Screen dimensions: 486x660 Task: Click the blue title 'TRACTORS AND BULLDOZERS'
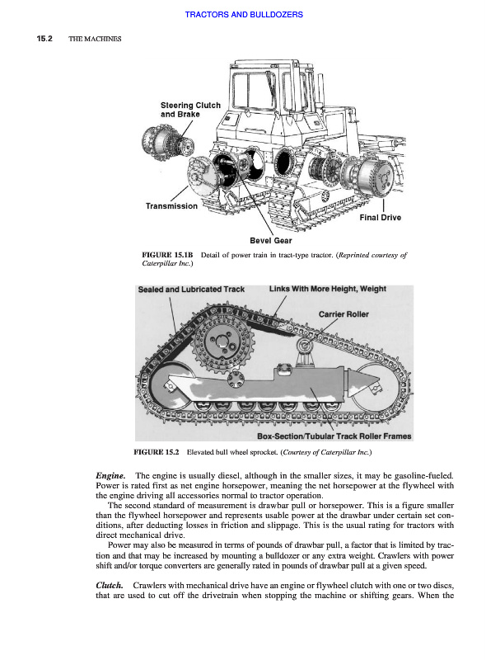(x=244, y=14)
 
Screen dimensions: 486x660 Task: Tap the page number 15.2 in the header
(x=44, y=39)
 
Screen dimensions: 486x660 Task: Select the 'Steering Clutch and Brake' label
(x=190, y=110)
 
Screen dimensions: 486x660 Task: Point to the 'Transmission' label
(x=171, y=205)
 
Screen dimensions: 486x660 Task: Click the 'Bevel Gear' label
(x=271, y=240)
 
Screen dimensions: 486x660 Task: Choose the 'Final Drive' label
(x=380, y=217)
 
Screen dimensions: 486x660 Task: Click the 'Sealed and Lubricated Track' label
(x=191, y=290)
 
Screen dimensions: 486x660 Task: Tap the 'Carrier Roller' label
(x=343, y=314)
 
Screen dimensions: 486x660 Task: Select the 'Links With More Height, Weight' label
(x=328, y=289)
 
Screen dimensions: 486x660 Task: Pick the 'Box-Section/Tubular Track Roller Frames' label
(x=334, y=436)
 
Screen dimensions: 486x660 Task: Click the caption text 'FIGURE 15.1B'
(x=167, y=255)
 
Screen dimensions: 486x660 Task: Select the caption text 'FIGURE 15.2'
(x=156, y=452)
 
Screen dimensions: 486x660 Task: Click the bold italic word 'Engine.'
(x=110, y=476)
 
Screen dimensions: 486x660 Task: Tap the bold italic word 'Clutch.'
(x=110, y=585)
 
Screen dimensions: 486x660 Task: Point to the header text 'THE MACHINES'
(x=95, y=39)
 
